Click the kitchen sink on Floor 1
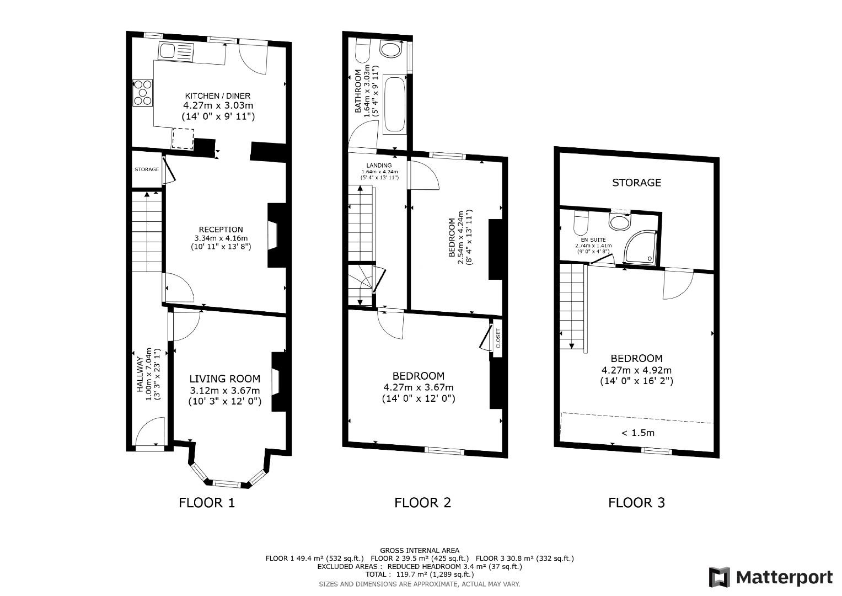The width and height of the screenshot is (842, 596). [x=168, y=51]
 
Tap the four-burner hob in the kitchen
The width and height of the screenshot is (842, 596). [x=143, y=93]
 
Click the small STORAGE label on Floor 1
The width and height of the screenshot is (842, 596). [x=147, y=169]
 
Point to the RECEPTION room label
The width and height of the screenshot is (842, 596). [x=221, y=230]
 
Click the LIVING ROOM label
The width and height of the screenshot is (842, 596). [x=224, y=379]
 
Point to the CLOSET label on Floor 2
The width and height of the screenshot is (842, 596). [x=497, y=338]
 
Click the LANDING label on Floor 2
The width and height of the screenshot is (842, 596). [x=379, y=166]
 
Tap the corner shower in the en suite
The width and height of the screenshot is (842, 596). [x=641, y=246]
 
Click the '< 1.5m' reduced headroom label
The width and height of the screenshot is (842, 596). [x=637, y=433]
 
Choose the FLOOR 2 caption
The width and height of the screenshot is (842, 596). [x=422, y=502]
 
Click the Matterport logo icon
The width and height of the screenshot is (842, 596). [x=719, y=577]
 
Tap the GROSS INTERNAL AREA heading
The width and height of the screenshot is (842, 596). [x=419, y=550]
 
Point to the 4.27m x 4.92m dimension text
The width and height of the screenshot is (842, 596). [x=636, y=370]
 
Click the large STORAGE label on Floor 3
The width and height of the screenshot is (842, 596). [x=636, y=182]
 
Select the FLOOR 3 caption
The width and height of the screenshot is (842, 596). [x=636, y=502]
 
